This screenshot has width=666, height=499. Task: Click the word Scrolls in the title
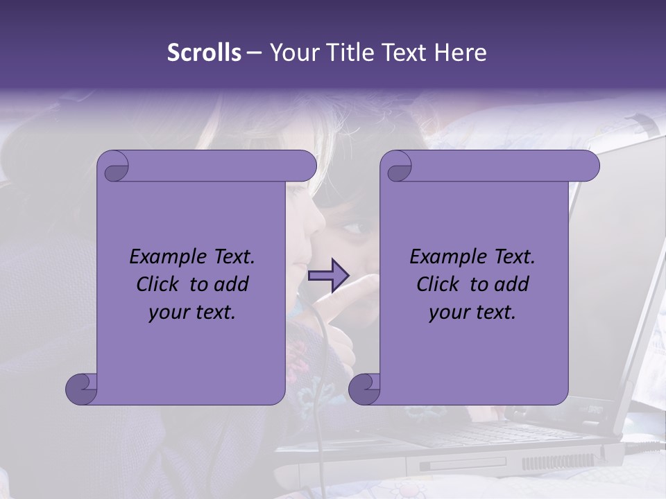click(204, 53)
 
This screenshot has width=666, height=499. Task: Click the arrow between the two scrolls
click(329, 277)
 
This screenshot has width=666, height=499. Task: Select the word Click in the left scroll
click(160, 284)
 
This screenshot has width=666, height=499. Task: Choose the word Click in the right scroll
click(440, 284)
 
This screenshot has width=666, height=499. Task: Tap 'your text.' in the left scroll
click(192, 313)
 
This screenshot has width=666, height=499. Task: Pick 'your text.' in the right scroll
click(472, 313)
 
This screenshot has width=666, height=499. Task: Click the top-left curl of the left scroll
click(114, 166)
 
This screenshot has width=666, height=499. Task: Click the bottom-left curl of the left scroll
click(82, 389)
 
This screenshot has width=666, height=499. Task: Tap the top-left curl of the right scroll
click(398, 166)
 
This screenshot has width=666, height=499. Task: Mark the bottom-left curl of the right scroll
click(364, 389)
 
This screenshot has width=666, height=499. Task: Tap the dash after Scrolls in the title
click(255, 53)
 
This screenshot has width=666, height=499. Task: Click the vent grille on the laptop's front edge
click(555, 462)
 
